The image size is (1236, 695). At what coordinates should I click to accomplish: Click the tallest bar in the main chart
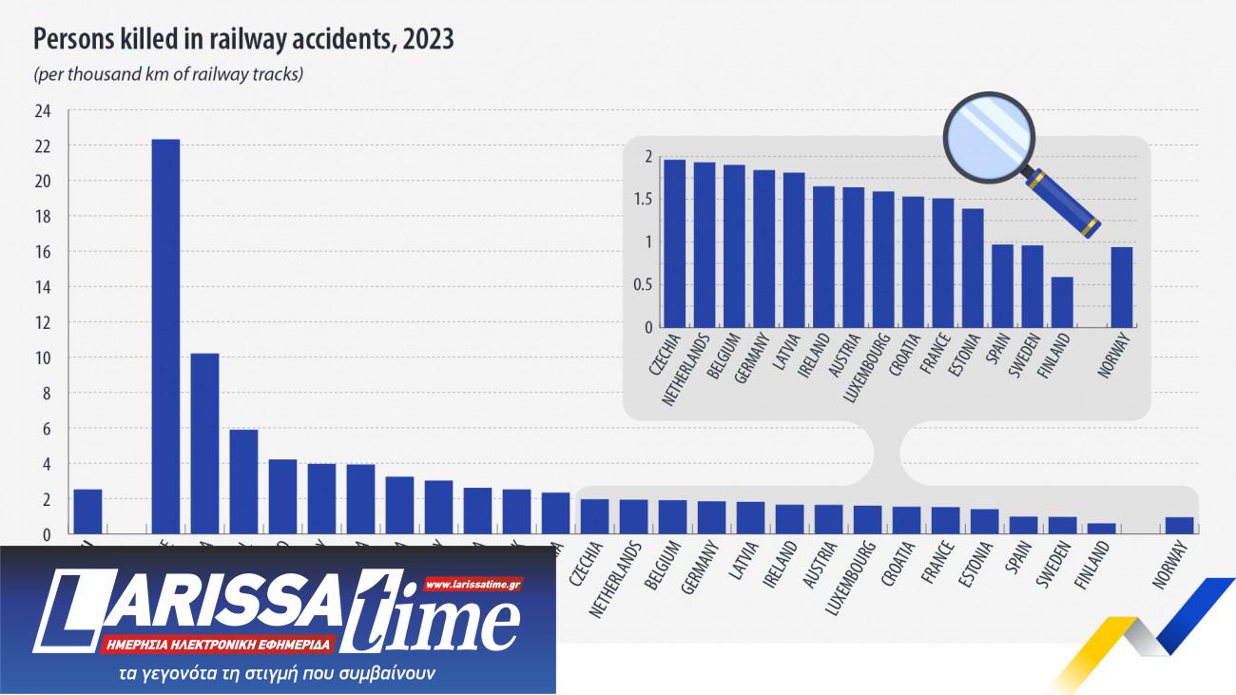point(165,337)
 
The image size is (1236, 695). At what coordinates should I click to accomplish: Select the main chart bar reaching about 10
point(204,443)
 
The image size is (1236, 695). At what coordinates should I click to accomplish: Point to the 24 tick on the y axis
point(42,111)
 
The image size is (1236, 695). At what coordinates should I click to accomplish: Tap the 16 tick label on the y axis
point(42,252)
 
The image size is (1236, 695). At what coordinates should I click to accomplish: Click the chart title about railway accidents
point(243,40)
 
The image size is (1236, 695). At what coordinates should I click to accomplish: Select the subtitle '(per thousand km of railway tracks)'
point(168,73)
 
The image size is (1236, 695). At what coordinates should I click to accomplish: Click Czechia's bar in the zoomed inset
point(674,243)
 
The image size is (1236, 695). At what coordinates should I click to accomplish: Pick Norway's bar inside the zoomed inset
point(1122,287)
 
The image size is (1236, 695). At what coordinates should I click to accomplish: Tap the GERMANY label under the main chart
point(703,569)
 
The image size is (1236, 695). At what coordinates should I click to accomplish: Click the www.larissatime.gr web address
point(472,584)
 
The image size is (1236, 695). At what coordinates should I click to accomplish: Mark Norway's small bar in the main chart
point(1179,526)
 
